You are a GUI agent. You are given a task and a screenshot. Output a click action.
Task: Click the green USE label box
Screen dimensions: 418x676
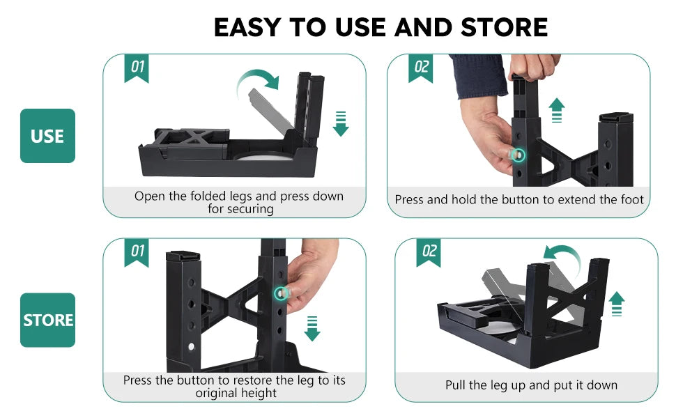point(47,136)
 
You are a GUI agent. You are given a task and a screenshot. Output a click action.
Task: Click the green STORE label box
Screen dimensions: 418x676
point(47,320)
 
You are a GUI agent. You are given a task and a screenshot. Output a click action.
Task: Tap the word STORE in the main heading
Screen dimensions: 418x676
point(504,27)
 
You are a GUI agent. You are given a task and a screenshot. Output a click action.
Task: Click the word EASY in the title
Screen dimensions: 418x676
point(248,27)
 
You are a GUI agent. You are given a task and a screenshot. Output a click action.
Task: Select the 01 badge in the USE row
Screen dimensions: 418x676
point(137,68)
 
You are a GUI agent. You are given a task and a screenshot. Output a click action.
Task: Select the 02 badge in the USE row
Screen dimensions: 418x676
point(421,68)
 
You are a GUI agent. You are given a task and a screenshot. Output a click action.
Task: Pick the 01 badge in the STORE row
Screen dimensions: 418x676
point(137,251)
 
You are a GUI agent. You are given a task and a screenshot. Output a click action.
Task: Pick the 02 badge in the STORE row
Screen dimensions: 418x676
point(429,251)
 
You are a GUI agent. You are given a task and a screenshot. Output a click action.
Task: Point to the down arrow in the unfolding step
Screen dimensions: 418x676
point(340,123)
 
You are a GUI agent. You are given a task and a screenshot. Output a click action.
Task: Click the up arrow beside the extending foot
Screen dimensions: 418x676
point(556,110)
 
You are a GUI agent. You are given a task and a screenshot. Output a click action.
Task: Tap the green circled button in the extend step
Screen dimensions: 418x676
point(518,154)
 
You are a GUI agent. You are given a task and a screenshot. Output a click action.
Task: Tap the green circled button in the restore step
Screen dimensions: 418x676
point(282,294)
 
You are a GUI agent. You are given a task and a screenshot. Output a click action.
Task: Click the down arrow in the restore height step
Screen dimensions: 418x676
point(312,327)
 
